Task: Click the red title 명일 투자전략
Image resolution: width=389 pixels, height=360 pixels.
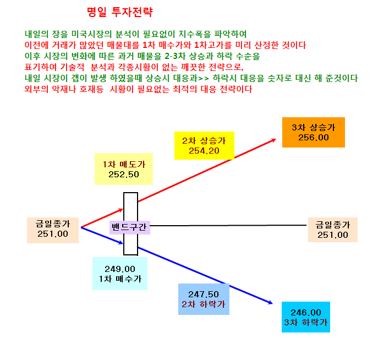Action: [x=120, y=12]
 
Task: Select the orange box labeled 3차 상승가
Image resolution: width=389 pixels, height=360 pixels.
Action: [x=313, y=132]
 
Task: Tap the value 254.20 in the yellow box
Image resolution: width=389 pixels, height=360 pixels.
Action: [x=204, y=151]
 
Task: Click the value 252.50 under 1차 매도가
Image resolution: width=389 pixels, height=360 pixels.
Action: [x=124, y=174]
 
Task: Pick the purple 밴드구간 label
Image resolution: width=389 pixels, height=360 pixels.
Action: [x=130, y=227]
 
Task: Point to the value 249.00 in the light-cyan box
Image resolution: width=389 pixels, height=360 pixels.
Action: [x=120, y=269]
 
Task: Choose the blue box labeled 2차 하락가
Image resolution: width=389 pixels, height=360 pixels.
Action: [x=204, y=299]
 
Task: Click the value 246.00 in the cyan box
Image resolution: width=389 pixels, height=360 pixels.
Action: [x=306, y=312]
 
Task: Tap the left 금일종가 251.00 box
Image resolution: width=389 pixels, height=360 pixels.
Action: [x=53, y=230]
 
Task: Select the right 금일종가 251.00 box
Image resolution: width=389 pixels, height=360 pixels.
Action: [x=333, y=230]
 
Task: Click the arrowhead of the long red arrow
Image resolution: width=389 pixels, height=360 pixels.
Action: [x=275, y=140]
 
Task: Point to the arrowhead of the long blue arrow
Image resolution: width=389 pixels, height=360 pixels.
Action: [x=271, y=302]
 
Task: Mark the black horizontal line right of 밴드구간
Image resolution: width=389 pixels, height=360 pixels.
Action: [x=228, y=226]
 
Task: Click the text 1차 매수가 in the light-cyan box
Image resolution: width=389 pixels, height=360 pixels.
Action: [x=120, y=279]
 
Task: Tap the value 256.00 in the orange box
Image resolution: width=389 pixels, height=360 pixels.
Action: [x=313, y=138]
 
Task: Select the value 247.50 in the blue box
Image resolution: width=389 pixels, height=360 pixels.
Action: [x=204, y=294]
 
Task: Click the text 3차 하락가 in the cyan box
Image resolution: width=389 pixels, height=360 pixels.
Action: [x=306, y=322]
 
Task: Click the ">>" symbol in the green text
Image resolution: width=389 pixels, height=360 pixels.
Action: [x=204, y=79]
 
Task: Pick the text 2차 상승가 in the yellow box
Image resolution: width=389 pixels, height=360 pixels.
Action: [x=204, y=141]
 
